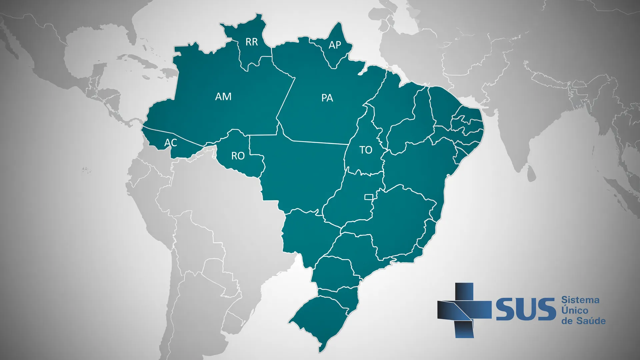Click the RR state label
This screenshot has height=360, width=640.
252,42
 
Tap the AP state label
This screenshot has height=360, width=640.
335,45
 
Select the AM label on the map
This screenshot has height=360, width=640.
223,97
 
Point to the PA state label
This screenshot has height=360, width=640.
327,98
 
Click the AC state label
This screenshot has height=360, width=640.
170,143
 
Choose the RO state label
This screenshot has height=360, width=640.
238,156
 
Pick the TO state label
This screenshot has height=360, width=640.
366,150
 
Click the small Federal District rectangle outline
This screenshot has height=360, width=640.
368,197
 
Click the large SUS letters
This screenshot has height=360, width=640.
525,310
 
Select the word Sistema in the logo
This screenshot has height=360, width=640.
580,300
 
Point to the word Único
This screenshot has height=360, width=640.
574,310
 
